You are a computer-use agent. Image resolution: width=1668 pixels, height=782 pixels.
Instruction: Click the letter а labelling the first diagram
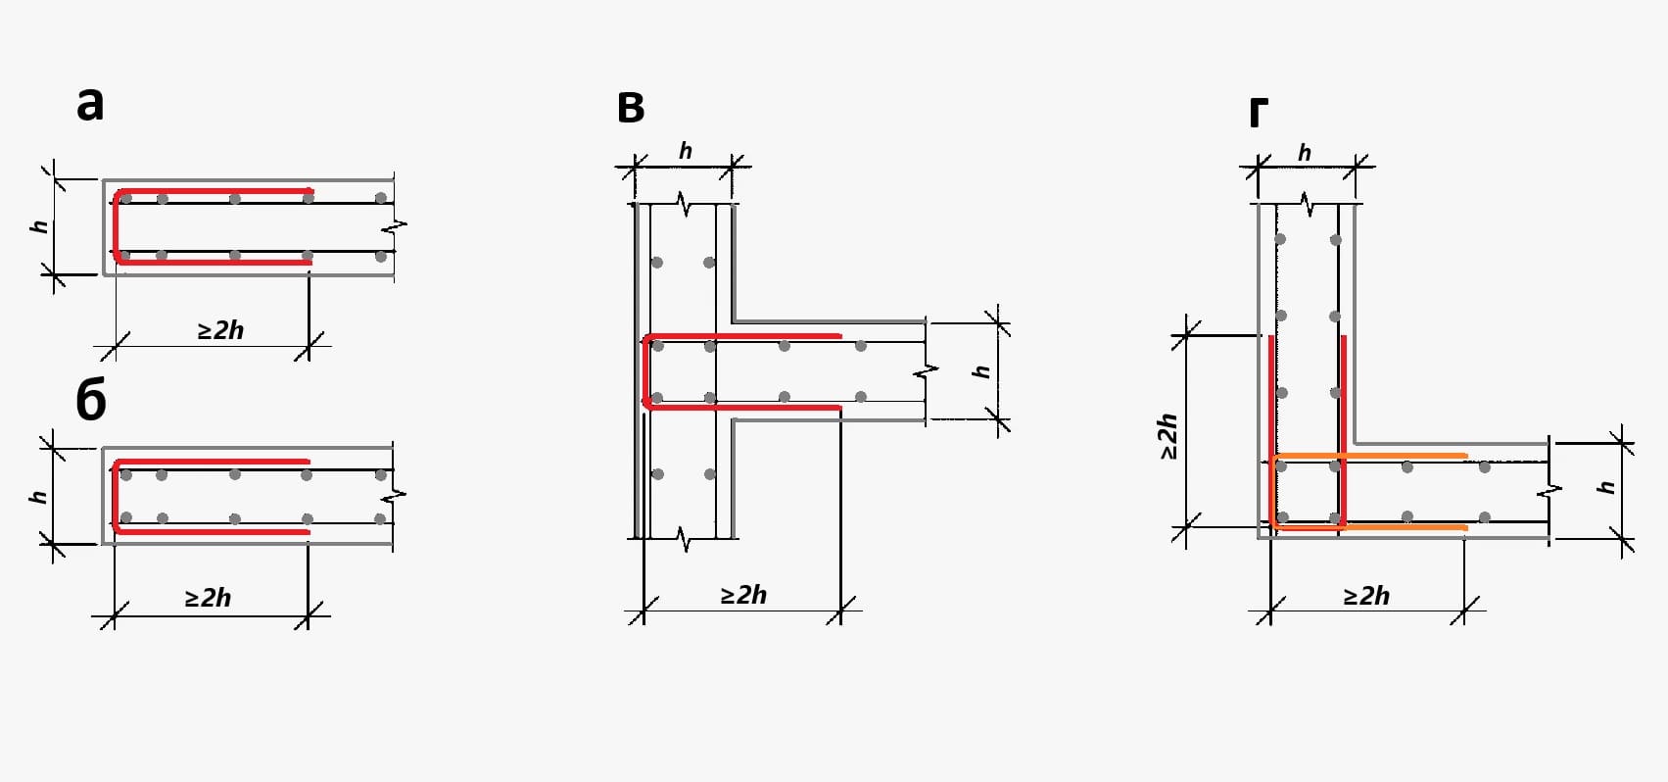(90, 105)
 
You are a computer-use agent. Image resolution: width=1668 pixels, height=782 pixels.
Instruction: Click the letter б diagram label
(91, 401)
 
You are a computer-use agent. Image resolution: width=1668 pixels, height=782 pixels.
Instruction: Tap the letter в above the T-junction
(631, 108)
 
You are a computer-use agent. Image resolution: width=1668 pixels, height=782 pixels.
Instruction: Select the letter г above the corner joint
(1259, 113)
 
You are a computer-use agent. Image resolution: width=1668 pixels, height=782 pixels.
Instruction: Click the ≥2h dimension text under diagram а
(220, 330)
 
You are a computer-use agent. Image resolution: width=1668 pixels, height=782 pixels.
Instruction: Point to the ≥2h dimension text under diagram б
(208, 598)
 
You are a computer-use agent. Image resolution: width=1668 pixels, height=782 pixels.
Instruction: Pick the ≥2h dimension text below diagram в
(743, 595)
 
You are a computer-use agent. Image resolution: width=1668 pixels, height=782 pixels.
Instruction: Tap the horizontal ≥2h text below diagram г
(1366, 596)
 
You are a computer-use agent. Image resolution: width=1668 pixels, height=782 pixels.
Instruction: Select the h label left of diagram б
(39, 496)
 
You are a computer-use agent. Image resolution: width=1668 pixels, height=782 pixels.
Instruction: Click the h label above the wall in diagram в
(685, 151)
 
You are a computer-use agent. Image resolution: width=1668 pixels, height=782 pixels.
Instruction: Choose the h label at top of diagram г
(1304, 153)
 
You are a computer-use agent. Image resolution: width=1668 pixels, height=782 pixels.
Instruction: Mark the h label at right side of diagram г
(1606, 487)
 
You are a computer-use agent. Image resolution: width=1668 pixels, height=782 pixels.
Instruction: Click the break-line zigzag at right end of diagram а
(395, 225)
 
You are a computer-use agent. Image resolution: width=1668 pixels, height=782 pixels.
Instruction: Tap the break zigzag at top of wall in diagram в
(683, 204)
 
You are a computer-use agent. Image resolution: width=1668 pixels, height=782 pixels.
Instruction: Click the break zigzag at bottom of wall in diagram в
(683, 539)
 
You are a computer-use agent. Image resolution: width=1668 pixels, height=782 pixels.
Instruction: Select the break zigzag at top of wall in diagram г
(1307, 204)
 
